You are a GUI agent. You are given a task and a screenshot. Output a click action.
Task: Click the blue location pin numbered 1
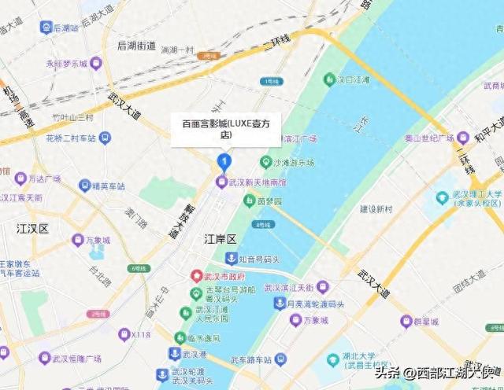pyautogui.click(x=223, y=163)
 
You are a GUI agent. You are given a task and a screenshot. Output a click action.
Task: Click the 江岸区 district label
pyautogui.click(x=220, y=237)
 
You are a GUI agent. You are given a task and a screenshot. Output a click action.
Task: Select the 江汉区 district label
pyautogui.click(x=33, y=229)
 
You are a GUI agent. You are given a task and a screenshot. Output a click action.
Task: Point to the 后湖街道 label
pyautogui.click(x=137, y=46)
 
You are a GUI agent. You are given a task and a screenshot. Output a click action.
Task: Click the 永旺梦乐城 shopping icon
pyautogui.click(x=96, y=63)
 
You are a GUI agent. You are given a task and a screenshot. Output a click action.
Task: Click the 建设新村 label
pyautogui.click(x=376, y=209)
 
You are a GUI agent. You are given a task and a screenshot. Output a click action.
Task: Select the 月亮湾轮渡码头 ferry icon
pyautogui.click(x=279, y=304)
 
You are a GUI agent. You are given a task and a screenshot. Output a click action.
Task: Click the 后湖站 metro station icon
pyautogui.click(x=46, y=27)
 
